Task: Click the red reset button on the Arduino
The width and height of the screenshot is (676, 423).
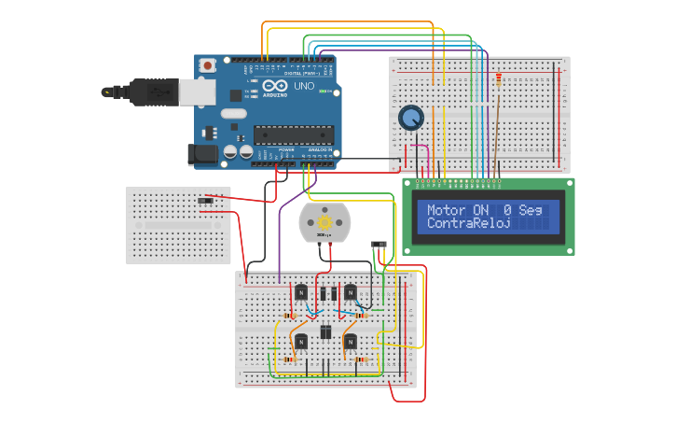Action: pos(207,64)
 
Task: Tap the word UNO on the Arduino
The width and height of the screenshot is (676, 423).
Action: pos(304,85)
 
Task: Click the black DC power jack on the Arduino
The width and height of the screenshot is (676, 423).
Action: pos(202,154)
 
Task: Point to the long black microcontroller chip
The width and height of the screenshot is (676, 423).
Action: pos(293,134)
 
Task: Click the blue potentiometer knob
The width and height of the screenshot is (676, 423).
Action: pos(410,119)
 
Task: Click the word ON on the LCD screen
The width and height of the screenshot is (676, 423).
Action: pos(480,210)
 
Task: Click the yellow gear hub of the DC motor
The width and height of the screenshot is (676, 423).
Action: pos(324,222)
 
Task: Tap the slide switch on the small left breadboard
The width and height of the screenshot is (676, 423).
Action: pos(206,200)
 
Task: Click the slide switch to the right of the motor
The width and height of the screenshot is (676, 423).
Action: pos(379,245)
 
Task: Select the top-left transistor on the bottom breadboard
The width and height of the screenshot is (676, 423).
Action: pos(301,292)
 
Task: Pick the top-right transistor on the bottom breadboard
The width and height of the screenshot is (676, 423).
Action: pos(350,292)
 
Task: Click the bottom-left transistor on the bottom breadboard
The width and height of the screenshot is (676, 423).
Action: pos(301,342)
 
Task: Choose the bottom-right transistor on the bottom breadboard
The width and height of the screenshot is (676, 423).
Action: pos(350,342)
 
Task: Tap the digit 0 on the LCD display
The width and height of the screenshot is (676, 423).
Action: pos(507,210)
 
